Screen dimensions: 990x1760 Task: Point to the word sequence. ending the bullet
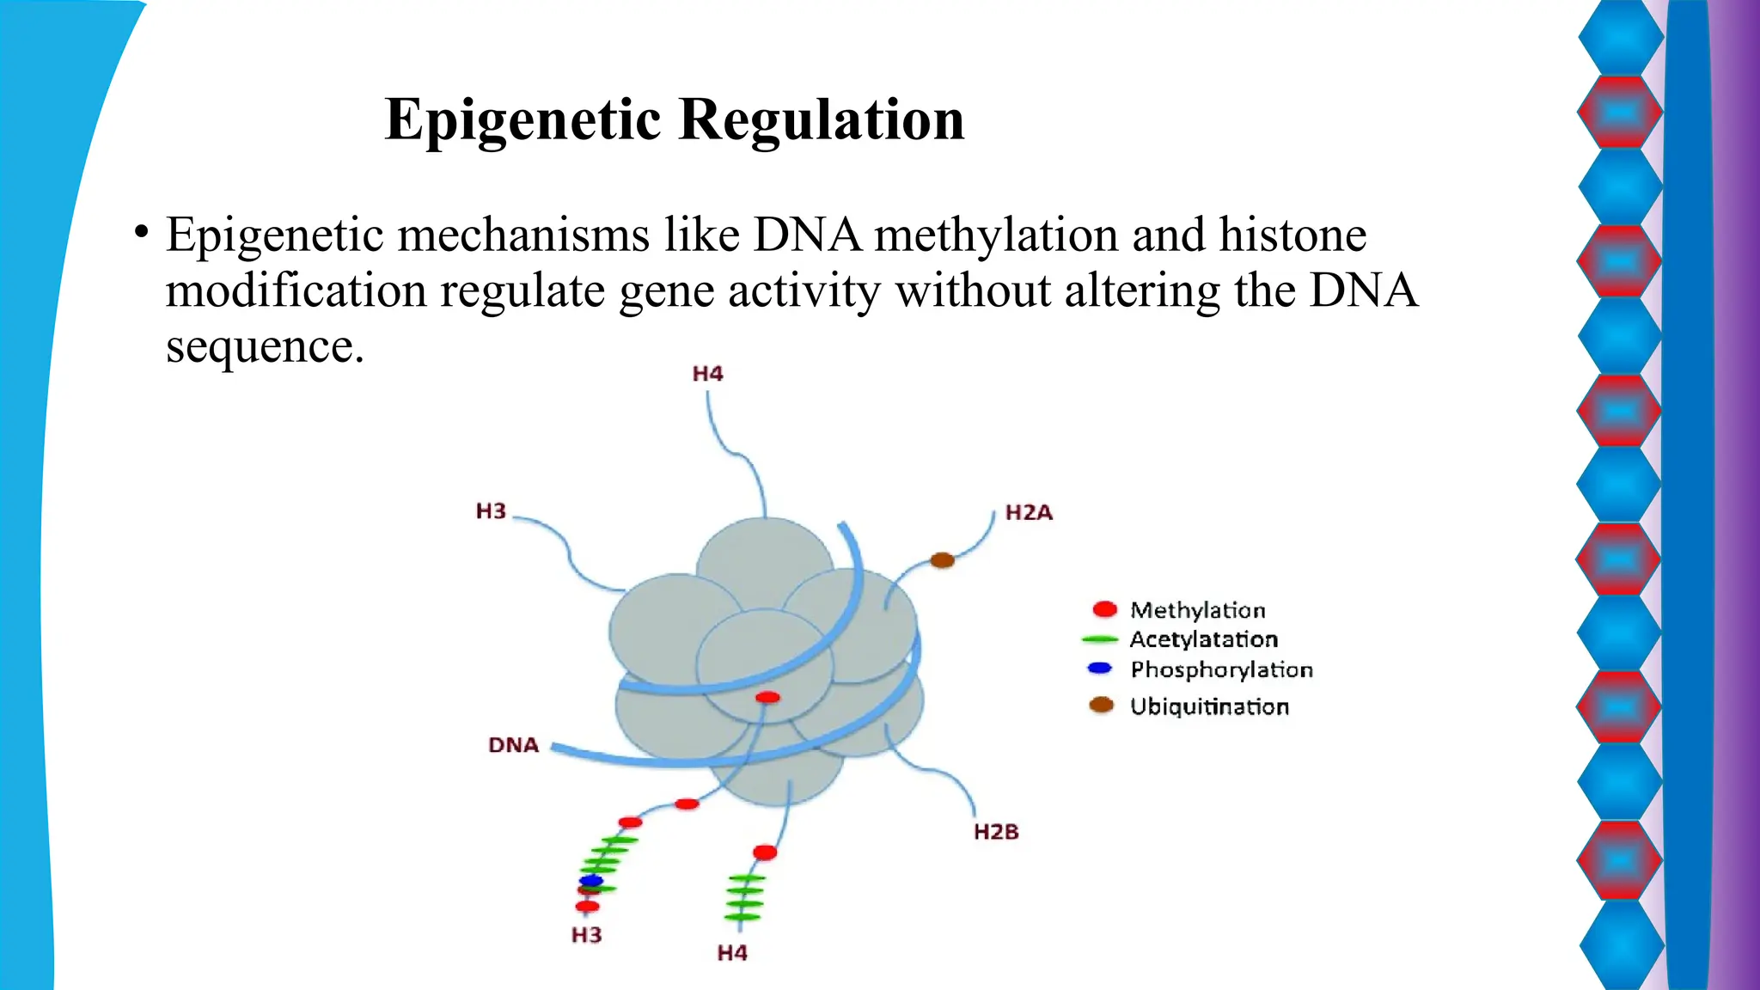coord(265,347)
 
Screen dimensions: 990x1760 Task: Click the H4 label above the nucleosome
coord(707,374)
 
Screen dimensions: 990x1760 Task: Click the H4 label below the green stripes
coord(732,953)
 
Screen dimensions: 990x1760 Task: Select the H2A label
coord(1029,513)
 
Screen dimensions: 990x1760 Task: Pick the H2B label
coord(996,832)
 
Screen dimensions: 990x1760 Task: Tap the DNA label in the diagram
coord(513,745)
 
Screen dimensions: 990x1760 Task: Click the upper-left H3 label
coord(491,511)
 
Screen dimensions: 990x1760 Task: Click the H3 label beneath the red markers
coord(586,935)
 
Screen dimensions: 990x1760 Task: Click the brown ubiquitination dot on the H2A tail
coord(942,560)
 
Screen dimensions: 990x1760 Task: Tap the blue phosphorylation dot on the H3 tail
coord(591,881)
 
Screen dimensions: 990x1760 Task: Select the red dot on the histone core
coord(767,697)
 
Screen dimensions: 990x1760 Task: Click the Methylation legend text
coord(1197,610)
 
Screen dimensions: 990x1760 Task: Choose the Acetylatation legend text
coord(1203,639)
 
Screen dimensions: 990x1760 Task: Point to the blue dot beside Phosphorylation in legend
coord(1099,668)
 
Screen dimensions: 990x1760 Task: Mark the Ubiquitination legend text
coord(1209,706)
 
